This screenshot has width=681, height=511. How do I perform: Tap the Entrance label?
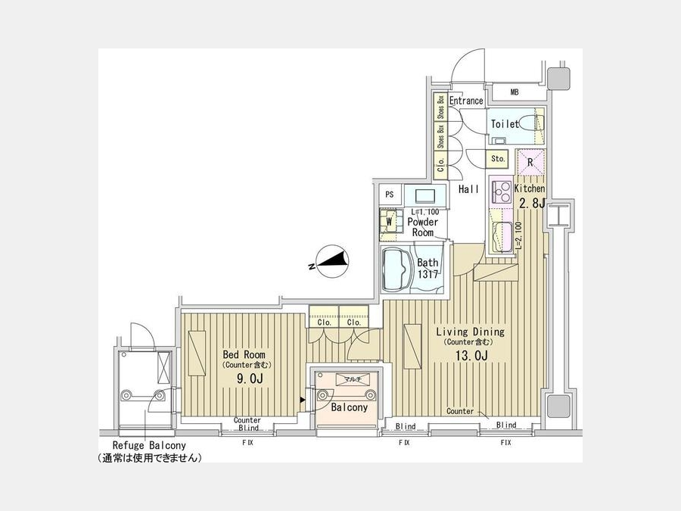click(466, 101)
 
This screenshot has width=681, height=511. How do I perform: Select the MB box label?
click(515, 93)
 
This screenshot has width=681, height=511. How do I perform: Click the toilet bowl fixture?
click(533, 123)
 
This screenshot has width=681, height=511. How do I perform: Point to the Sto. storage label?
click(498, 159)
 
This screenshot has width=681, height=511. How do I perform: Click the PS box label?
click(390, 195)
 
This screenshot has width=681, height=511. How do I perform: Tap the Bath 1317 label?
click(428, 269)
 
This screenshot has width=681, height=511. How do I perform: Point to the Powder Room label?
click(423, 227)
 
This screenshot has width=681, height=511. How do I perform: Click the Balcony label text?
click(350, 407)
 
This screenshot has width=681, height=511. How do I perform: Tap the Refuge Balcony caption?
click(148, 446)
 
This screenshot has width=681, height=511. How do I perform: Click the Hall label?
click(468, 189)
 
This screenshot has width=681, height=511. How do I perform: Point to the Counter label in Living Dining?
click(460, 411)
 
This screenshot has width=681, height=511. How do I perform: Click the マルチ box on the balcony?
click(352, 379)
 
